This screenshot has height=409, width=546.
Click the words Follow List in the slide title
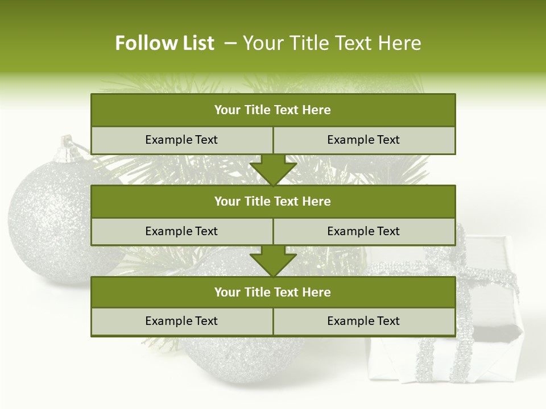pos(165,43)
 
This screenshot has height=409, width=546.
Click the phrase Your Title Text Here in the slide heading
pos(332,43)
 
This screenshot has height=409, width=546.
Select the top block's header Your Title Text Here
pos(272,110)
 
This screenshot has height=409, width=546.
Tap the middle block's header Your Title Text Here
pos(272,202)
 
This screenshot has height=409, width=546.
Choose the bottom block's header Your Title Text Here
pos(272,293)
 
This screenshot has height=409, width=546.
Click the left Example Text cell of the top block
pos(181,140)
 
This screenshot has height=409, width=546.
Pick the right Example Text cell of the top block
pos(363,140)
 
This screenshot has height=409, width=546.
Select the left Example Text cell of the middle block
pos(181,232)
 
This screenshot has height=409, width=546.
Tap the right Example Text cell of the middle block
pos(363,232)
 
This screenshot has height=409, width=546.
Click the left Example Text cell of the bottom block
pos(181,322)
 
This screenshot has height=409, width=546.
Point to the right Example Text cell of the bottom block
pos(363,322)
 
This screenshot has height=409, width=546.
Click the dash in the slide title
pos(230,43)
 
